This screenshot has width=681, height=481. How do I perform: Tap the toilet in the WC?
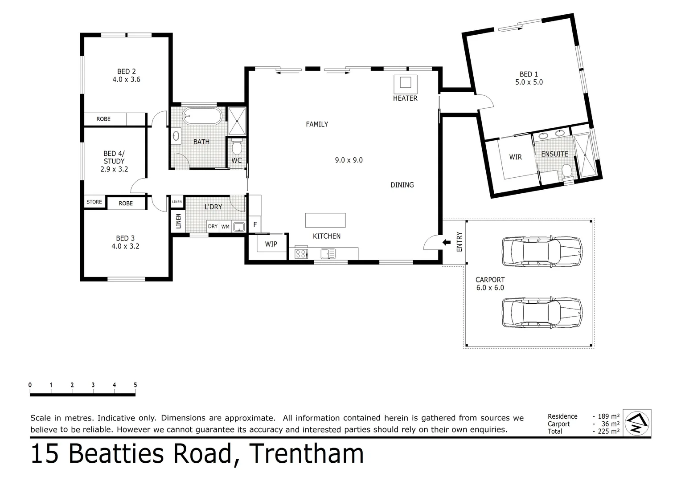(237, 147)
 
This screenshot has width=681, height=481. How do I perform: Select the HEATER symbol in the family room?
(405, 82)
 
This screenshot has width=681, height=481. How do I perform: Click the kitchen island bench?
(325, 220)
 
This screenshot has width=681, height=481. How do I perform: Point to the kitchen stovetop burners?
(301, 254)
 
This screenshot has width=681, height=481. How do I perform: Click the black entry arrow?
(446, 242)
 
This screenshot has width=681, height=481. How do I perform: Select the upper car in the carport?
(542, 252)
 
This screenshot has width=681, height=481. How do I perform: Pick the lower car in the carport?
(542, 313)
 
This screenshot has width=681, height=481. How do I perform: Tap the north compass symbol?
(636, 423)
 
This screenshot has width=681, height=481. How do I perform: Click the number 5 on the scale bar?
(135, 385)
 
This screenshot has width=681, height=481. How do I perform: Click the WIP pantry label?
(271, 244)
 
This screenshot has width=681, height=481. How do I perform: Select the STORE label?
(94, 202)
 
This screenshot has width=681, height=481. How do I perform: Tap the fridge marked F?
(255, 224)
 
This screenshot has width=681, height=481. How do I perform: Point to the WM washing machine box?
(226, 227)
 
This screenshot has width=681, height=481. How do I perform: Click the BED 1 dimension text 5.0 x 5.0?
(529, 82)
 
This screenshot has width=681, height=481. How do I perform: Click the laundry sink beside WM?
(239, 226)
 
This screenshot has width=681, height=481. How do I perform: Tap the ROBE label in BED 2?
(103, 119)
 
